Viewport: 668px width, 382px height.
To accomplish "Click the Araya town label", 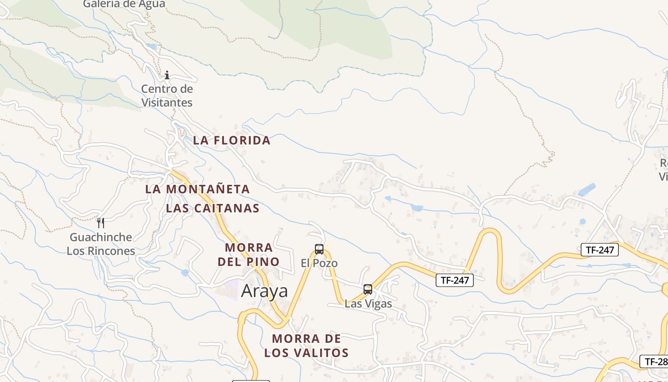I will pos(264,291).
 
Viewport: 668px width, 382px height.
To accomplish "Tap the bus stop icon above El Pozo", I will pos(319,249).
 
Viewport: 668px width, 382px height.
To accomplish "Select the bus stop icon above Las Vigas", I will pos(368,289).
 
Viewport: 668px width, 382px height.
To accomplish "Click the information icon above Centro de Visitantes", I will pos(167,75).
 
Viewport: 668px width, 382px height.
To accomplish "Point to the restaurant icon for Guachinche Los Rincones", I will pos(101,223).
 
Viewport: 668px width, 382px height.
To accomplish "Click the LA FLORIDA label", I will pos(232,140).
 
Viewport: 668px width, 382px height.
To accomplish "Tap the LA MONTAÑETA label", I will pos(198,189).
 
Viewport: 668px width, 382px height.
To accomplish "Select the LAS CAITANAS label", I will pos(213,208).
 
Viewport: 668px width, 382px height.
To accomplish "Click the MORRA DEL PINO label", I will pos(249,255).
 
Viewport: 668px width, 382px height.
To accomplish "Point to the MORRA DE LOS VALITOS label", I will pos(307,346).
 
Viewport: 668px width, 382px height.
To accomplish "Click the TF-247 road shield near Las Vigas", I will pos(454,280).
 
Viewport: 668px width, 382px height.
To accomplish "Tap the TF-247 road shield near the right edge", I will pos(599,249).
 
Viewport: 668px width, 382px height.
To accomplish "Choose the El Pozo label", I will pos(319,263).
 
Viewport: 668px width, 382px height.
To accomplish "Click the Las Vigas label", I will pos(368,304).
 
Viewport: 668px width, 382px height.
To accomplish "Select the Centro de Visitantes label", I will pos(167,95).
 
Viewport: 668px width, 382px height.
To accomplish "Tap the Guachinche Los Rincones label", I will pos(101,244).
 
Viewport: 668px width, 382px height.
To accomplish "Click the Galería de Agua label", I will pos(124,4).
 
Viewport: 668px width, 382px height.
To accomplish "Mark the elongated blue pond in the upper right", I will pos(586,190).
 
